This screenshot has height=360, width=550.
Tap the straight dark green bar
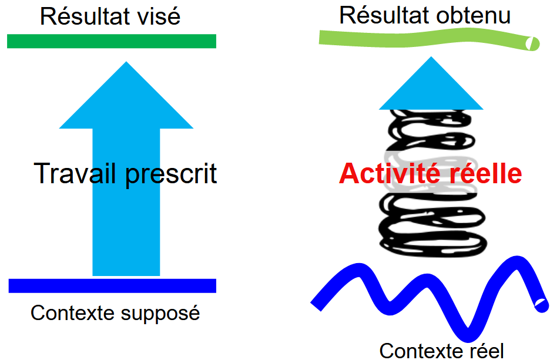(112, 41)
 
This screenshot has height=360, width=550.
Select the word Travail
(75, 174)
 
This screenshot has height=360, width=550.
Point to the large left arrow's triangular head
(126, 100)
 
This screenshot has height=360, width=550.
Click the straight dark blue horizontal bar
(112, 286)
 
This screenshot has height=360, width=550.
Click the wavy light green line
(423, 39)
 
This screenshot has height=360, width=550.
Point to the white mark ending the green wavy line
(532, 43)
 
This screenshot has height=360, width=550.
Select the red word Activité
(390, 174)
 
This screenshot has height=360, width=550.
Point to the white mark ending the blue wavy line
(540, 304)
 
